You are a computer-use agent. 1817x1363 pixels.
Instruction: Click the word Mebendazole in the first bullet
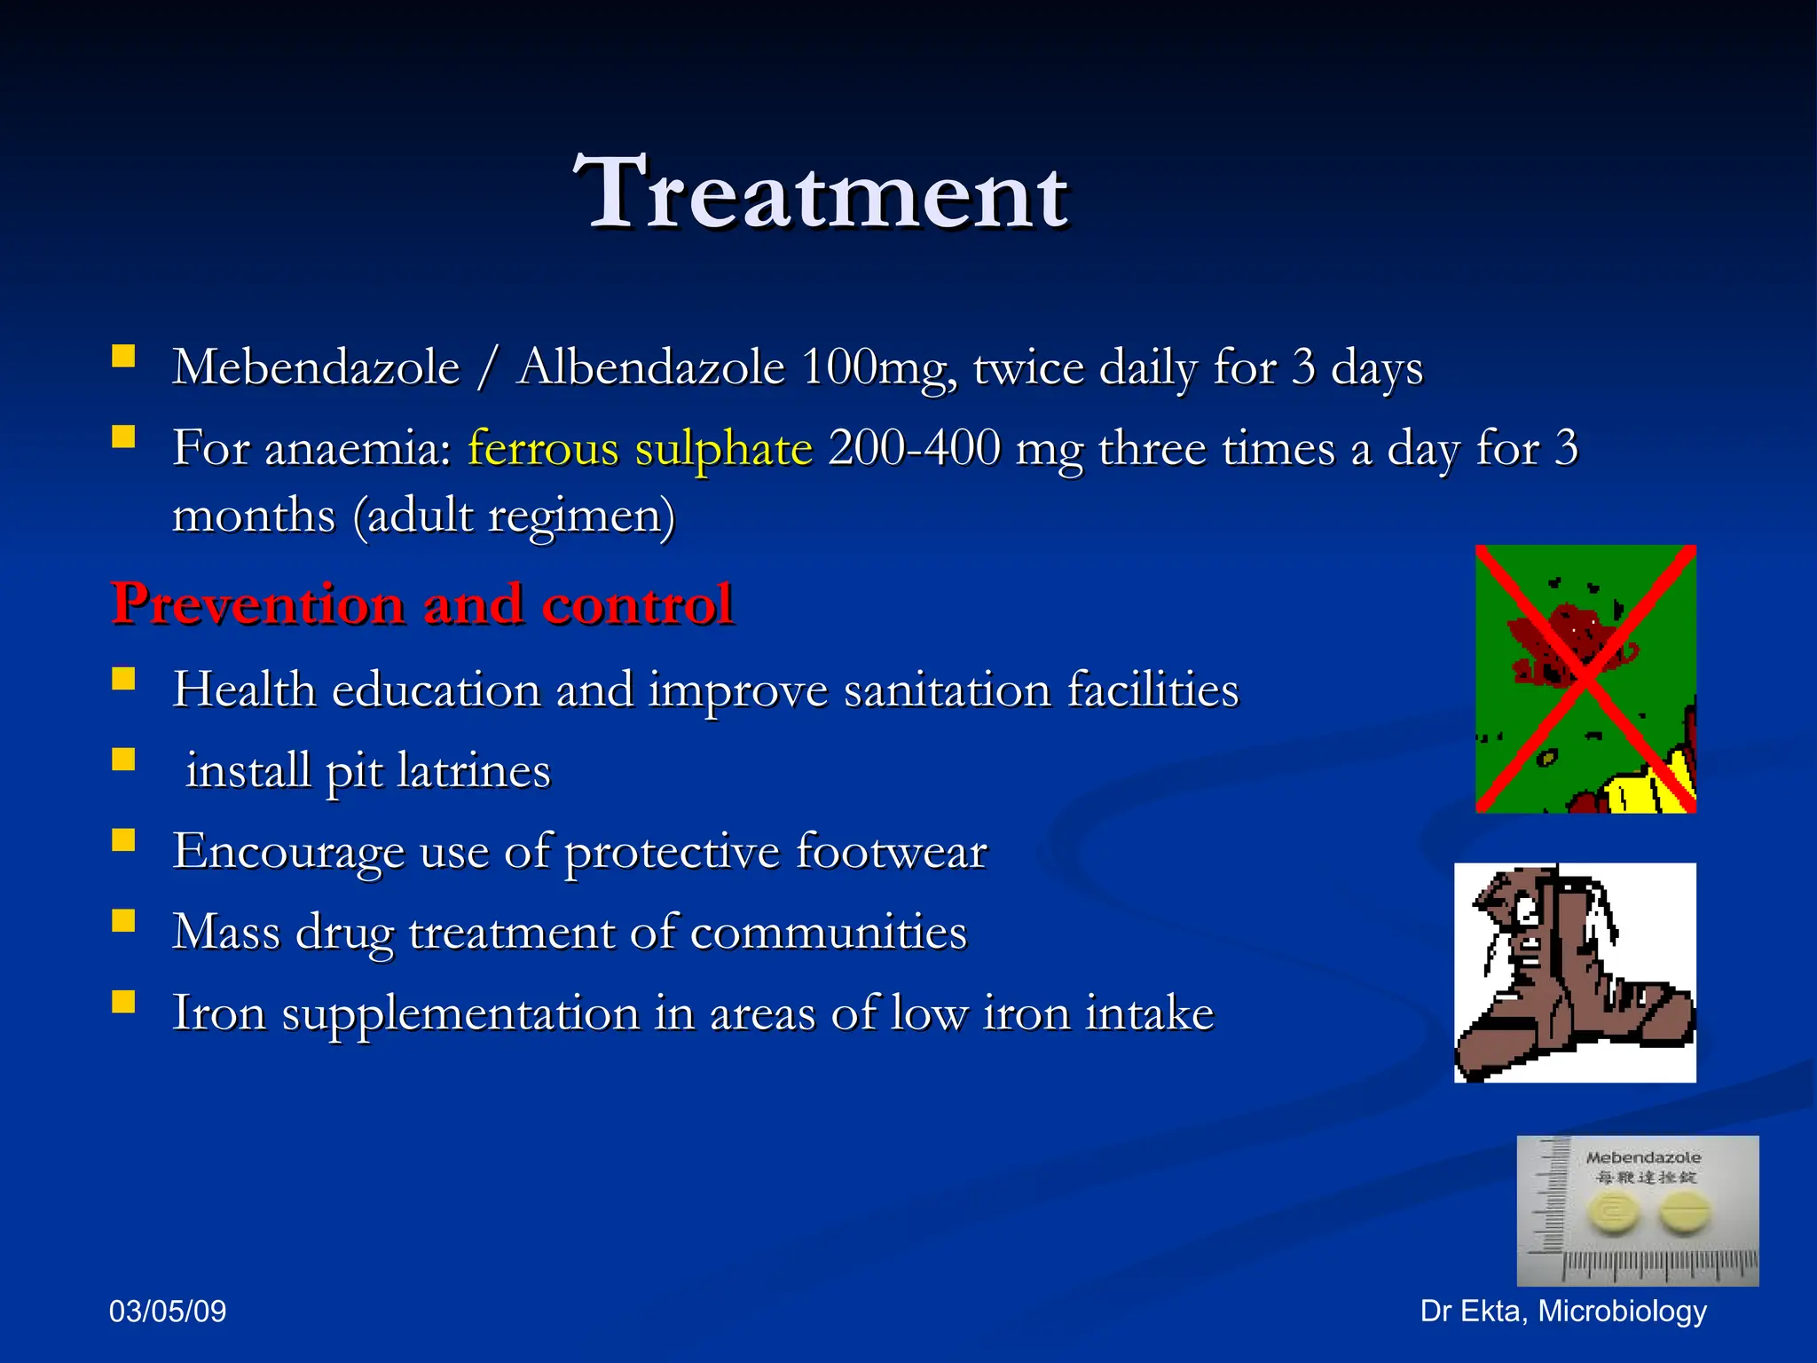click(316, 367)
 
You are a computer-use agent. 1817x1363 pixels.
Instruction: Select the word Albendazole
click(650, 367)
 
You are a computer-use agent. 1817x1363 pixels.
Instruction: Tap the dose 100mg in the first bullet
click(878, 367)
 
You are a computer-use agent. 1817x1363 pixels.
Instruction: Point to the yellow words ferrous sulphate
click(640, 448)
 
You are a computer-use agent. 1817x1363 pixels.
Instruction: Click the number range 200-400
click(914, 448)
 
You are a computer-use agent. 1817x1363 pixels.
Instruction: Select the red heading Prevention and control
click(422, 605)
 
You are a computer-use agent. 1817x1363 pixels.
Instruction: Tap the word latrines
click(474, 771)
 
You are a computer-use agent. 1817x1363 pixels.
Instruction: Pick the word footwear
click(890, 852)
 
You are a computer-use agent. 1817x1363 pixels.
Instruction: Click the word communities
click(828, 933)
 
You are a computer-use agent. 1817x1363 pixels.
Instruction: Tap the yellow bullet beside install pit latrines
click(123, 760)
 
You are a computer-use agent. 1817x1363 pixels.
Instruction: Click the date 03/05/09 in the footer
click(168, 1311)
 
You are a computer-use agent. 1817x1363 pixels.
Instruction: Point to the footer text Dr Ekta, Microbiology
click(1563, 1311)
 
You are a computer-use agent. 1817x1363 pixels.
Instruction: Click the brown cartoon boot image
click(1575, 973)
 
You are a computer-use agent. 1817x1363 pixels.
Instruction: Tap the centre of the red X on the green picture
click(1586, 679)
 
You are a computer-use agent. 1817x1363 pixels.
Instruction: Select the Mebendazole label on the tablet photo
click(1643, 1157)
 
